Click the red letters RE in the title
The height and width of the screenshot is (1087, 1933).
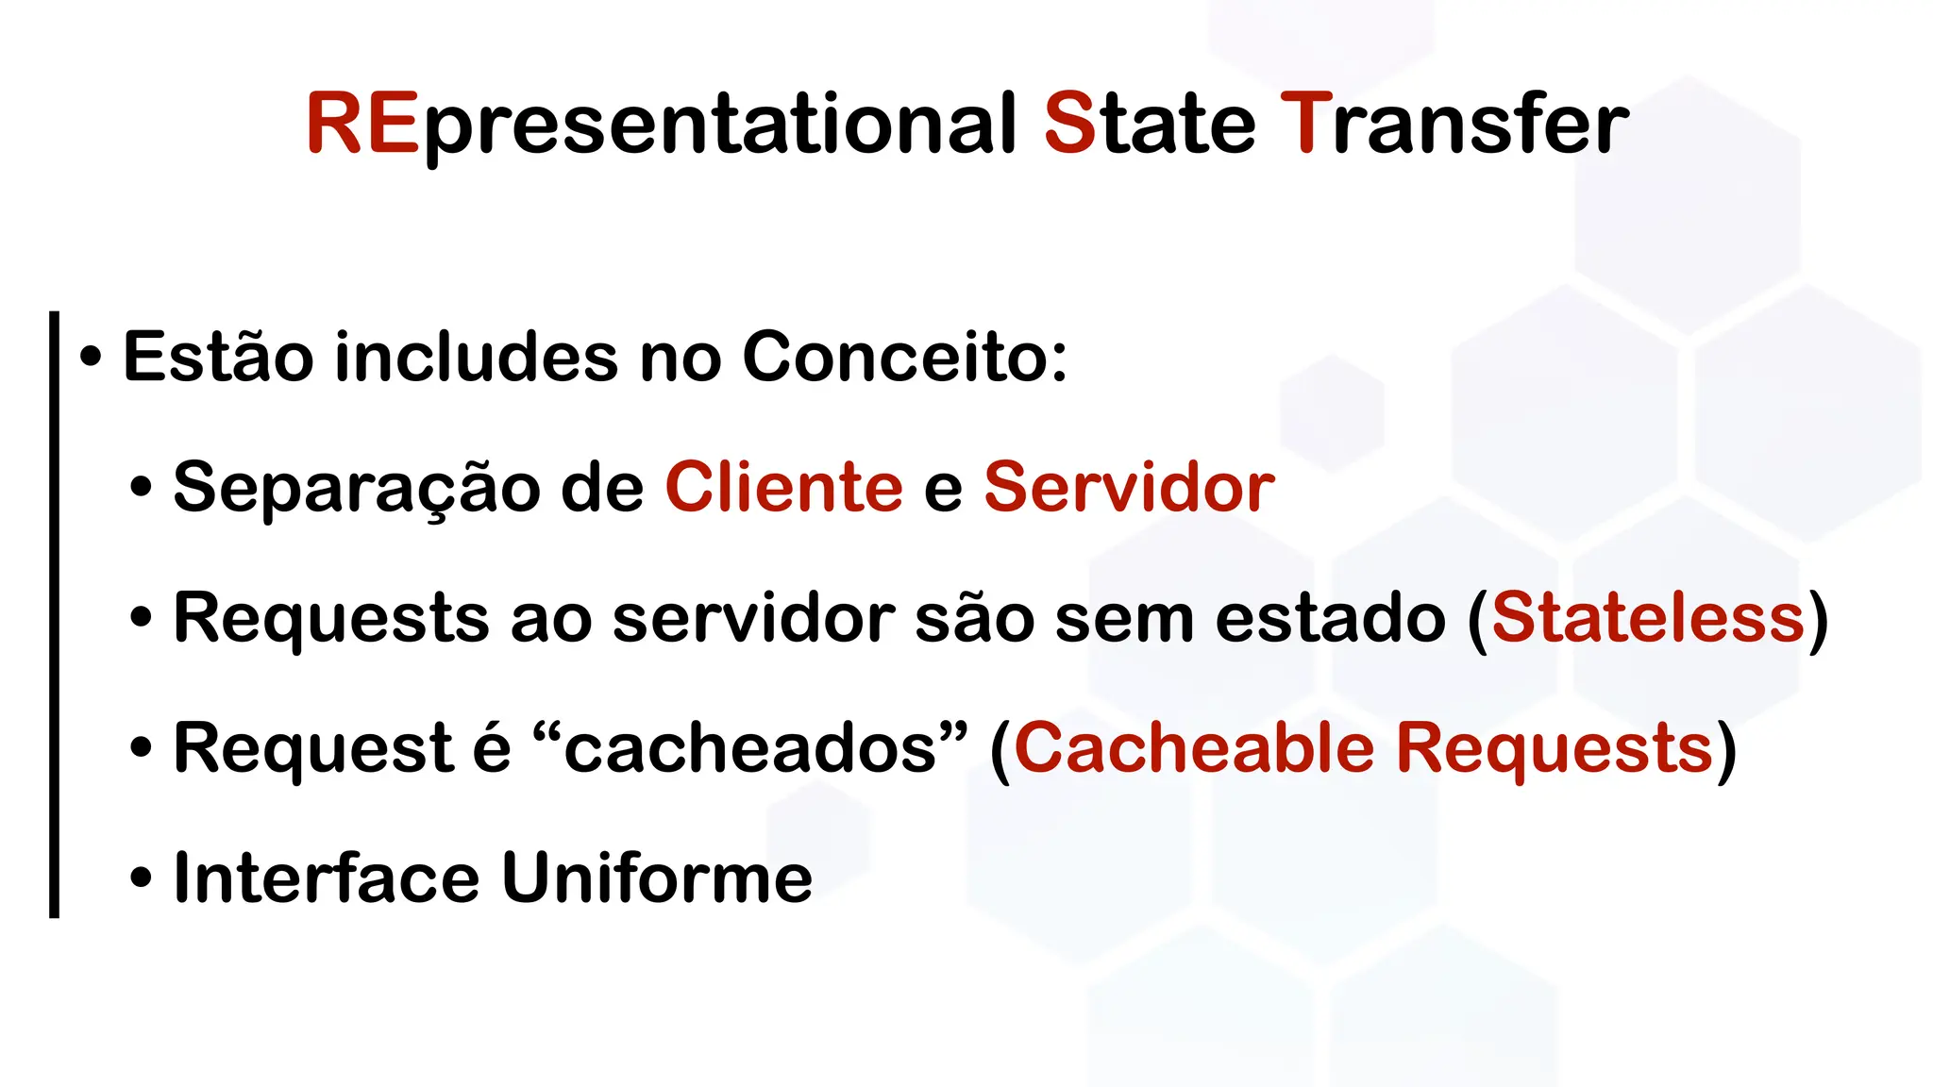pyautogui.click(x=362, y=123)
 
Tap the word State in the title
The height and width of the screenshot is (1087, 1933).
pyautogui.click(x=1150, y=123)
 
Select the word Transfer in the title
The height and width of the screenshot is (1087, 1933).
pyautogui.click(x=1454, y=123)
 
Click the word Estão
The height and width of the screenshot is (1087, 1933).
pyautogui.click(x=218, y=357)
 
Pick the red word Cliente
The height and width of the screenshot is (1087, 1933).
pyautogui.click(x=783, y=487)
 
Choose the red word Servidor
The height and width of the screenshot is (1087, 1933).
pyautogui.click(x=1129, y=487)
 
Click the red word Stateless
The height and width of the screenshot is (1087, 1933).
pyautogui.click(x=1648, y=618)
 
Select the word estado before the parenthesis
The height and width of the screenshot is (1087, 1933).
pyautogui.click(x=1330, y=618)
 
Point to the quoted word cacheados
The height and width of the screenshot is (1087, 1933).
pyautogui.click(x=750, y=748)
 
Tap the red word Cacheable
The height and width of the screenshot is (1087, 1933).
pyautogui.click(x=1194, y=748)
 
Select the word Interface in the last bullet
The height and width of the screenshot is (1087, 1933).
pyautogui.click(x=326, y=878)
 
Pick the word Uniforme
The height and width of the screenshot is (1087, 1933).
pyautogui.click(x=657, y=878)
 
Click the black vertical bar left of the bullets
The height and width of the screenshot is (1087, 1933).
pyautogui.click(x=54, y=613)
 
